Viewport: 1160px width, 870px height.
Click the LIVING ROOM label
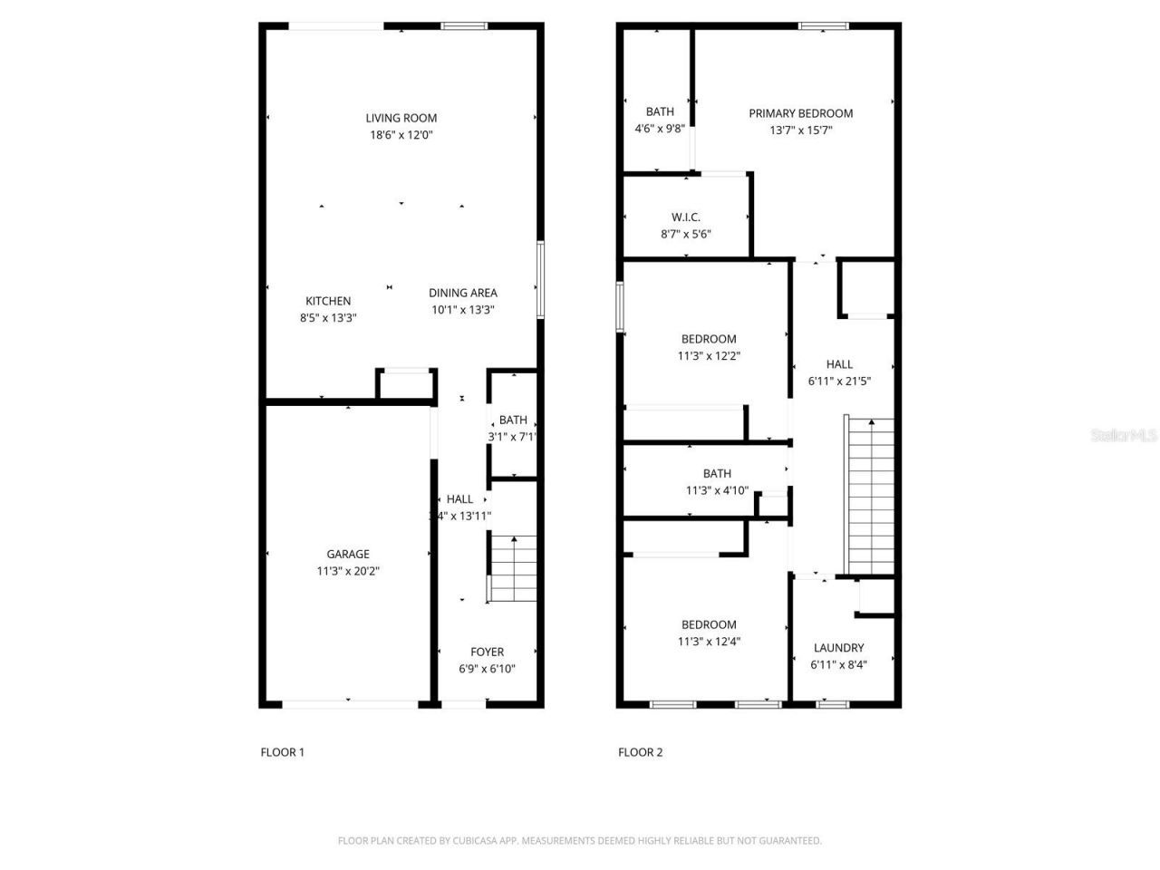(x=401, y=118)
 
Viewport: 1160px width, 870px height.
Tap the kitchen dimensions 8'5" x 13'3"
(x=328, y=318)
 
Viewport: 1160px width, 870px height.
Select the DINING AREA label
(x=462, y=293)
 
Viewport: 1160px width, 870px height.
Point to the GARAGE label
(x=348, y=554)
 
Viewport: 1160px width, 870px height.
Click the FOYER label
(x=487, y=652)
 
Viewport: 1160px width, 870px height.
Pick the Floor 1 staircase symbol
(x=513, y=568)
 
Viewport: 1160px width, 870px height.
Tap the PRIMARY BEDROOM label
(x=800, y=113)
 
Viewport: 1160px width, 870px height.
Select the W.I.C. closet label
(x=685, y=217)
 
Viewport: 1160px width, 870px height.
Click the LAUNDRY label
(x=838, y=648)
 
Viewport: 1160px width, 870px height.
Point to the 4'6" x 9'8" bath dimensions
(x=660, y=129)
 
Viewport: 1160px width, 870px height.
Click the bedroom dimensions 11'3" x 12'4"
(x=709, y=642)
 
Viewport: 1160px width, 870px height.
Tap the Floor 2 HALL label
(x=839, y=364)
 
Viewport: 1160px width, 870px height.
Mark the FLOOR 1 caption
(x=283, y=752)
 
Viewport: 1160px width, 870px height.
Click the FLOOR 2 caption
(x=641, y=752)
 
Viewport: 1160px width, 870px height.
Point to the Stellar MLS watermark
(x=1124, y=436)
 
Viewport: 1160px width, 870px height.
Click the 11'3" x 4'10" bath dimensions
(x=717, y=490)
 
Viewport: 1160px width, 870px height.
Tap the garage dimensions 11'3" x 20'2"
(x=348, y=571)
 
